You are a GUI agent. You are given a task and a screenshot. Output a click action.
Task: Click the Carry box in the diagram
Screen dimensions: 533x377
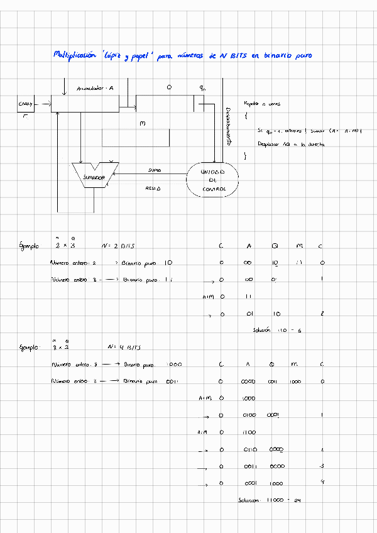26,103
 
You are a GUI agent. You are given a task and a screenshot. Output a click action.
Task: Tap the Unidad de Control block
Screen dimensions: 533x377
213,180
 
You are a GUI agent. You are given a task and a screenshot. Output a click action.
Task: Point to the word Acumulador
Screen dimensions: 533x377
90,88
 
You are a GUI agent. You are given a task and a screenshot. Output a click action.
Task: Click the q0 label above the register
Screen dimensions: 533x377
202,88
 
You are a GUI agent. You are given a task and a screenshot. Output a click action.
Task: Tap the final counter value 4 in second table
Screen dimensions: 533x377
321,483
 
